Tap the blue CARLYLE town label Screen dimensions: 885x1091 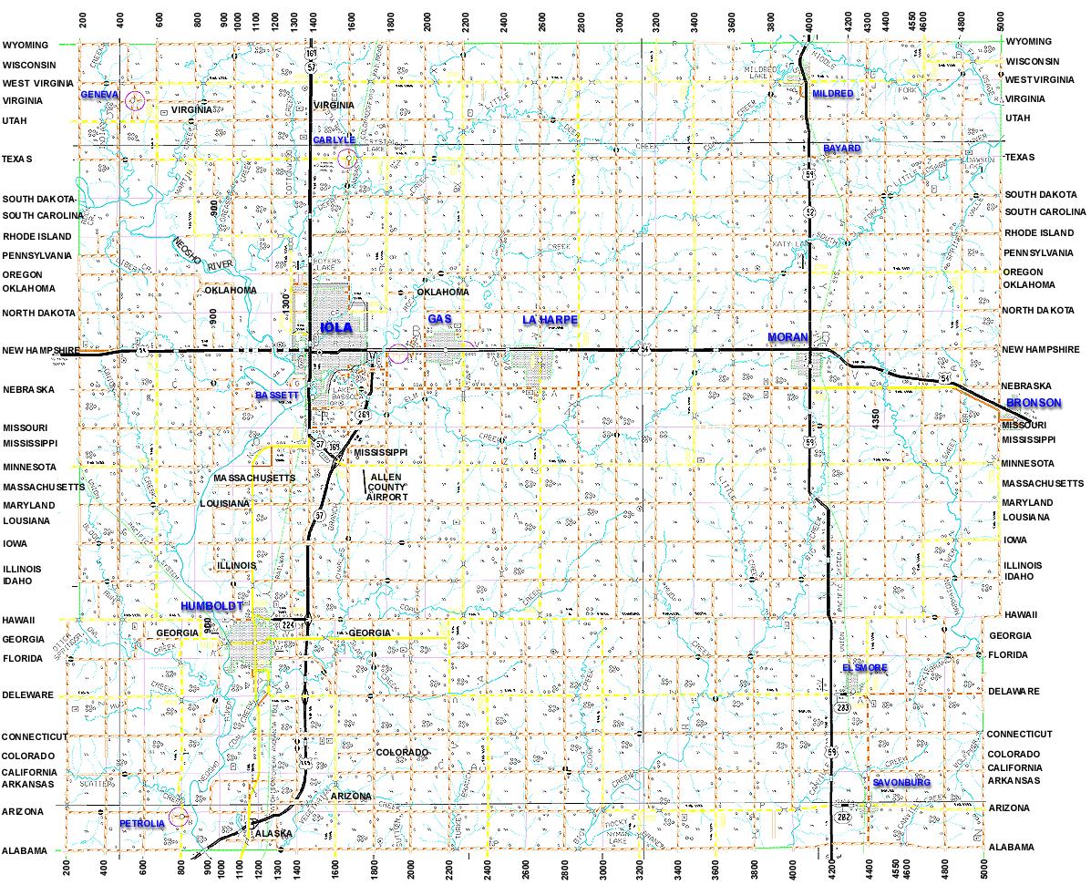334,139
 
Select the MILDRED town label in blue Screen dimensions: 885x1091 832,94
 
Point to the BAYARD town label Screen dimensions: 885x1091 841,148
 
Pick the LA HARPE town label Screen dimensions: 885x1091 551,320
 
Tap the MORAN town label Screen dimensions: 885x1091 788,338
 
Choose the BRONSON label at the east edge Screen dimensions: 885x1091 1034,403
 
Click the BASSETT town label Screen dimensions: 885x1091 276,396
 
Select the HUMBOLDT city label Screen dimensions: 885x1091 211,606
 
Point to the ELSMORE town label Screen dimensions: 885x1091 864,668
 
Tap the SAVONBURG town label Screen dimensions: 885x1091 901,783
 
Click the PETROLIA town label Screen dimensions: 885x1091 142,824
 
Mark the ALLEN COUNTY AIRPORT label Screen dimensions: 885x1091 386,487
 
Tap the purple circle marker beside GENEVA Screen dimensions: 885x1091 135,100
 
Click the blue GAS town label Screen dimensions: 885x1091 440,318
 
